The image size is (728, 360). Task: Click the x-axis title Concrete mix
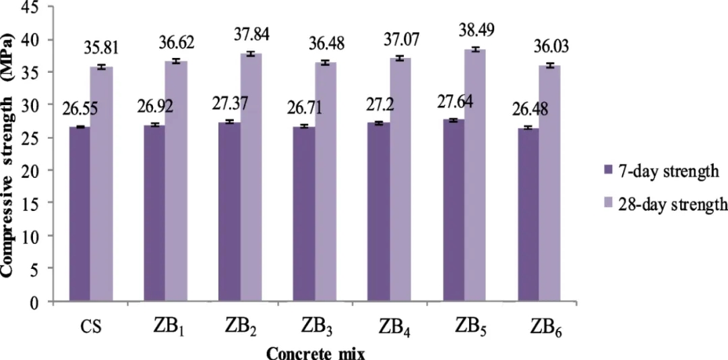(315, 353)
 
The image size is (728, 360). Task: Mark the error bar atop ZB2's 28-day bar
(251, 54)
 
